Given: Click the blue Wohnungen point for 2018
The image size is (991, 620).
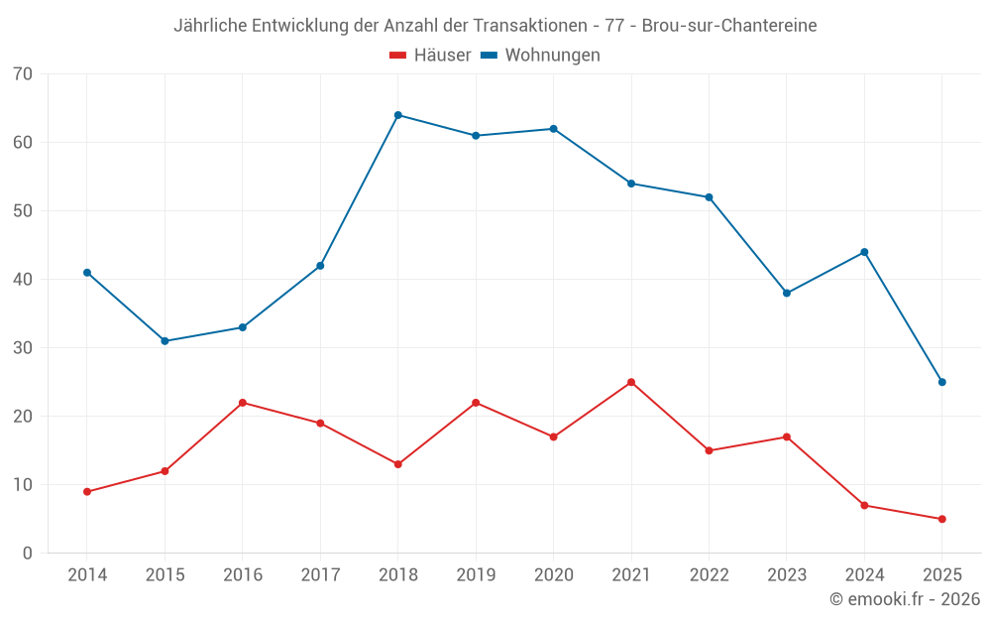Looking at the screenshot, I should (398, 115).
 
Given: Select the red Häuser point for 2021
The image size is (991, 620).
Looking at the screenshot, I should (631, 382).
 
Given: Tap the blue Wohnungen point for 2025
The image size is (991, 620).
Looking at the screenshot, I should (942, 382).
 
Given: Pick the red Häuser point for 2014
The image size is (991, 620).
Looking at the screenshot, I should (87, 492).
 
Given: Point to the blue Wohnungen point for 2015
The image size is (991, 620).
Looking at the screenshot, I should (165, 341).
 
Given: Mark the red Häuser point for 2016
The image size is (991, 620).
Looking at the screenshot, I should (243, 403).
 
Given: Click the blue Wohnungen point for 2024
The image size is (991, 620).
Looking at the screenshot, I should (864, 252).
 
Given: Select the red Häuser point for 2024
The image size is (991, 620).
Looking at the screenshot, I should (864, 506).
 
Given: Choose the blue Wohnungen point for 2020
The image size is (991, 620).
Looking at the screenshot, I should (554, 129).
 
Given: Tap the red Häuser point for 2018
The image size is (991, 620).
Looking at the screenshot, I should (398, 464).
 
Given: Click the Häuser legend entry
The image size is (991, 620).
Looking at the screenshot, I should (430, 56).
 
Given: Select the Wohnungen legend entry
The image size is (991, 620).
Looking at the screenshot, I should (541, 56).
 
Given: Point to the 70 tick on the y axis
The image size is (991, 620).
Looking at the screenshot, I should (22, 74).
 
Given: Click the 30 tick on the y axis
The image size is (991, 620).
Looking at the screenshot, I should (22, 348).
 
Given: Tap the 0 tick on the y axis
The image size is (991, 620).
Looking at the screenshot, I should (27, 554).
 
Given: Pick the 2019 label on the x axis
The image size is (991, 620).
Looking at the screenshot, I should (476, 575).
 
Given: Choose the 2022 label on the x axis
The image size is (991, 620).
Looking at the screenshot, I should (709, 575).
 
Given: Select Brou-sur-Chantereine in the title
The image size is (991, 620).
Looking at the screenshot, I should (729, 26).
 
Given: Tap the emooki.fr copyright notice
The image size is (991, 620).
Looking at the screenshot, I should (904, 599).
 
